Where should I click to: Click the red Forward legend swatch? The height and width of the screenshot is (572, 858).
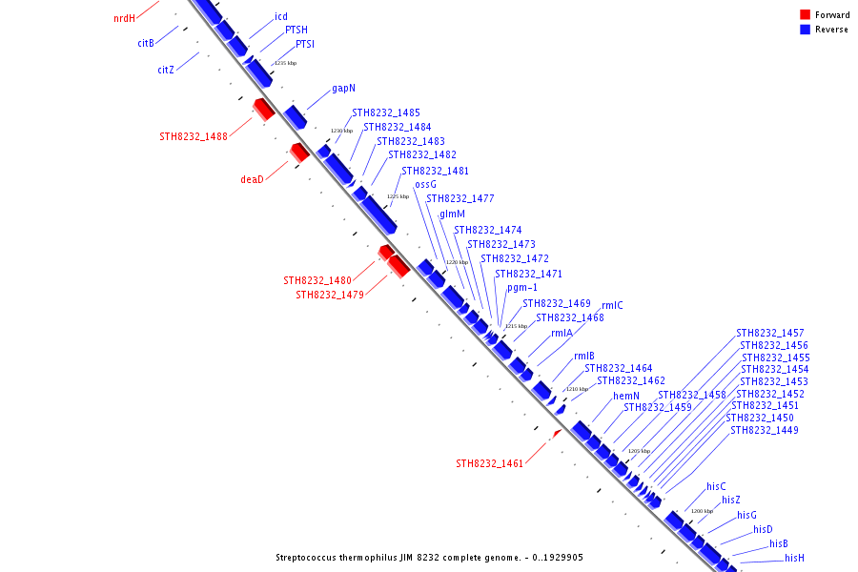pyautogui.click(x=805, y=14)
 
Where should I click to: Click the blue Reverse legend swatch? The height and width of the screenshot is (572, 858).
pyautogui.click(x=805, y=30)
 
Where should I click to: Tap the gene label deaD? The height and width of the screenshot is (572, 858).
pyautogui.click(x=252, y=179)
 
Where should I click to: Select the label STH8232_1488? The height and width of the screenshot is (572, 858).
pyautogui.click(x=194, y=136)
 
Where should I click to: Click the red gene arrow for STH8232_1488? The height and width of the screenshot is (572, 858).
pyautogui.click(x=264, y=110)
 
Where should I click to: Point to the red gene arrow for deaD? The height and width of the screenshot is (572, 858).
pyautogui.click(x=299, y=153)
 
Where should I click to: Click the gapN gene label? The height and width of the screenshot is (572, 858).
pyautogui.click(x=344, y=88)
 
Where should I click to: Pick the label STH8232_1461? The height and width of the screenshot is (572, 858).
pyautogui.click(x=490, y=464)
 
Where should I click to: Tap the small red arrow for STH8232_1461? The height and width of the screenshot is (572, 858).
pyautogui.click(x=558, y=433)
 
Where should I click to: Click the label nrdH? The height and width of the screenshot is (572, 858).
pyautogui.click(x=124, y=18)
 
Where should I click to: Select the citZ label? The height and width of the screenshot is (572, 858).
pyautogui.click(x=166, y=70)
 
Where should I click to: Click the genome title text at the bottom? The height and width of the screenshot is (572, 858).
pyautogui.click(x=429, y=558)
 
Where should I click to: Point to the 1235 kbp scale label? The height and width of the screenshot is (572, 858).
pyautogui.click(x=285, y=63)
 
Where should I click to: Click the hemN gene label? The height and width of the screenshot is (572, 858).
pyautogui.click(x=626, y=396)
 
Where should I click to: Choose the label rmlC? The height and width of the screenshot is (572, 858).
pyautogui.click(x=612, y=305)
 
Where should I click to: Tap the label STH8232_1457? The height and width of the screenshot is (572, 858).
pyautogui.click(x=770, y=333)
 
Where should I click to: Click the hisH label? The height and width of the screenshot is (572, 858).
pyautogui.click(x=794, y=558)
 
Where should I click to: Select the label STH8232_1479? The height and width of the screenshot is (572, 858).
pyautogui.click(x=330, y=295)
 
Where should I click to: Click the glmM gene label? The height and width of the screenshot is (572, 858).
pyautogui.click(x=452, y=214)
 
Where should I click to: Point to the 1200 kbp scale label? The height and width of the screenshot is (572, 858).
pyautogui.click(x=702, y=511)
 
